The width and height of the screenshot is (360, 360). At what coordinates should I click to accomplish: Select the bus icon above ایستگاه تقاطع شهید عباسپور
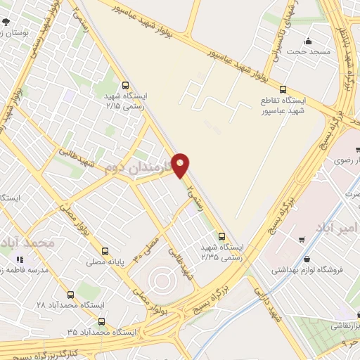[283, 89]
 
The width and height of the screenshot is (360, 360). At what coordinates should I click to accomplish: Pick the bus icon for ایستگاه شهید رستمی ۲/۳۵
[222, 236]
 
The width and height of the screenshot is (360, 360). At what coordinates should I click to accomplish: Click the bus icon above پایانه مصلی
[105, 250]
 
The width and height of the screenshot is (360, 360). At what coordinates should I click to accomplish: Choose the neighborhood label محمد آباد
[28, 243]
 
